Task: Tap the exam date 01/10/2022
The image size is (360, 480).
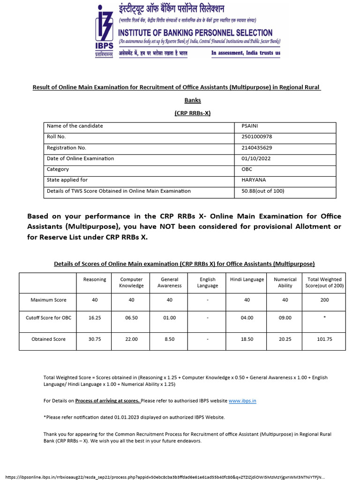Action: [x=252, y=158]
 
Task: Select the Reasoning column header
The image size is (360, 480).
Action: [x=95, y=279]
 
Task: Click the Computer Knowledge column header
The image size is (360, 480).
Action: [x=131, y=283]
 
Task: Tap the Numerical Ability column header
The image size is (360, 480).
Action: [x=285, y=283]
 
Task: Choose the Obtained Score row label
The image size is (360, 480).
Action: [x=48, y=339]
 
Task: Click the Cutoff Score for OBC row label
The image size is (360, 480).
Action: [x=48, y=318]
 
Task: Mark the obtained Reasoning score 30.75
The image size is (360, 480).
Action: [x=95, y=339]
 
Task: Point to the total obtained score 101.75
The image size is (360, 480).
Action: [x=324, y=339]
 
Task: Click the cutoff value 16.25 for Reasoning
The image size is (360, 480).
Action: [x=95, y=318]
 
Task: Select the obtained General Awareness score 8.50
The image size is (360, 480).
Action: [x=169, y=339]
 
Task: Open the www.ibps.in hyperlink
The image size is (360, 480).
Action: [x=242, y=401]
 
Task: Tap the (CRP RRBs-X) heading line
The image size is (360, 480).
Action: [x=192, y=113]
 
